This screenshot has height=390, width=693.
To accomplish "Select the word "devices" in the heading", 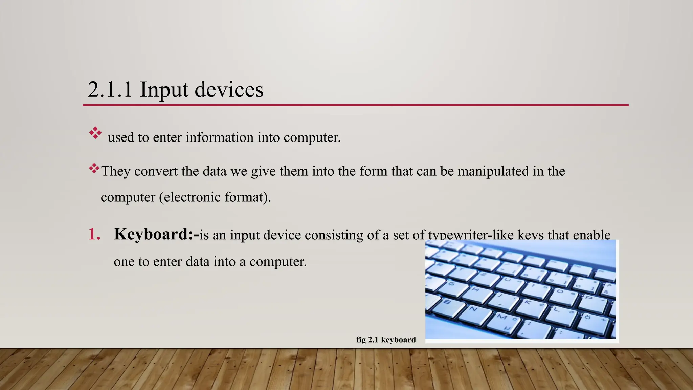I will pyautogui.click(x=229, y=90).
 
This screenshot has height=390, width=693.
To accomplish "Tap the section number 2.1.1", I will pyautogui.click(x=110, y=90).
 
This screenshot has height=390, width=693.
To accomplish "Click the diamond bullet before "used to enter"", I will pyautogui.click(x=95, y=133).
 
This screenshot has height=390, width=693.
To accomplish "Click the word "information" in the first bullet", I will pyautogui.click(x=219, y=137).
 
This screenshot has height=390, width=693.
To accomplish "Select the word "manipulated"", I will pyautogui.click(x=493, y=171).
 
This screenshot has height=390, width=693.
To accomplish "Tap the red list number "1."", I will pyautogui.click(x=94, y=234).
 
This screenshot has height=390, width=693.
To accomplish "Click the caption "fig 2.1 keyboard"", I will pyautogui.click(x=386, y=340).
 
